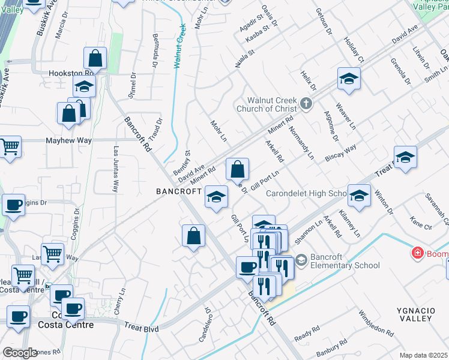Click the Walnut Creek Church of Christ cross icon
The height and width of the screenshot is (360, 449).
point(306,103)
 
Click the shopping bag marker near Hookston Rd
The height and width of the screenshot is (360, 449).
point(95,59)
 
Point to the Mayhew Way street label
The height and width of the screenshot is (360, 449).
point(69,140)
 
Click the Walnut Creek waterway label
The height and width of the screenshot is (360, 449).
point(179,46)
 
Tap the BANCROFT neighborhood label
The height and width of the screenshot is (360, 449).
point(179,191)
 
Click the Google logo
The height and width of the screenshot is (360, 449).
point(20,353)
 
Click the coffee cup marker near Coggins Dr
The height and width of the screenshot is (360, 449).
point(13,205)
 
